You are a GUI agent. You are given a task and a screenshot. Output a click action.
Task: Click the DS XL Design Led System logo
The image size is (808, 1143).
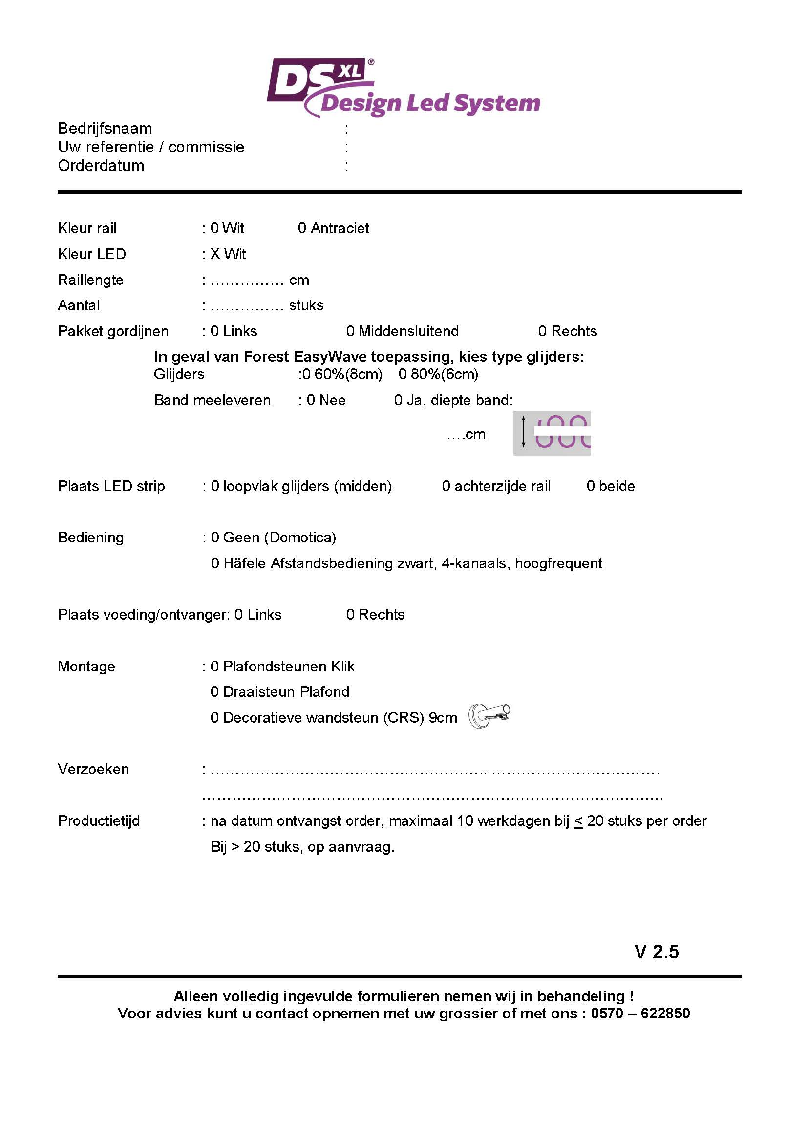pos(403,88)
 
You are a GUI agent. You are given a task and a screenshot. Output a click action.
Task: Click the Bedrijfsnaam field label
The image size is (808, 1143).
pos(105,129)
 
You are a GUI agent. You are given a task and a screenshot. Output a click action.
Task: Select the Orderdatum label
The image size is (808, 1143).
pos(101,166)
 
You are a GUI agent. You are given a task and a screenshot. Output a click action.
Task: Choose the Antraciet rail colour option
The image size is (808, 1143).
pos(333,229)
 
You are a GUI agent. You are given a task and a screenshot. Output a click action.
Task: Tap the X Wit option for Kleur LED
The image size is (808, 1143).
pos(228,255)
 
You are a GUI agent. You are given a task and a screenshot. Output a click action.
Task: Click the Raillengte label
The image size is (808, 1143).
pos(90,280)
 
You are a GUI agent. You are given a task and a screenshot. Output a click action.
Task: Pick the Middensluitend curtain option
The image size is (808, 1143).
pos(402,331)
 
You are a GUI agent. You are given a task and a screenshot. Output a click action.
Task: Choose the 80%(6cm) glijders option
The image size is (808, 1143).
pos(438,374)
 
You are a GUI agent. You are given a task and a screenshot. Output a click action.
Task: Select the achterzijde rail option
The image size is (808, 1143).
pos(496,486)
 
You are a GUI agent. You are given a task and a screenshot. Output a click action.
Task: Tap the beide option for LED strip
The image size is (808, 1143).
pos(611,486)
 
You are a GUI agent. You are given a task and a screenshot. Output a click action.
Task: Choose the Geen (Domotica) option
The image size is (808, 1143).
pos(274,538)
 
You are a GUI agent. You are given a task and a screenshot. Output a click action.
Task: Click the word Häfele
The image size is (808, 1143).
pos(244,563)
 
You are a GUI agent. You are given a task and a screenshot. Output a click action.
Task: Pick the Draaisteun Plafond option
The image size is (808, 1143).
pos(280,692)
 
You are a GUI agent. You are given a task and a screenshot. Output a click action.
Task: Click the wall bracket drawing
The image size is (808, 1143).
pos(489,716)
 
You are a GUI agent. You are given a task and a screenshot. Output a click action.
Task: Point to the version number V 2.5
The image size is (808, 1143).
pos(657,952)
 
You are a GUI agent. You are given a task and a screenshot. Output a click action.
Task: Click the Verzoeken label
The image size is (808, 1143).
pos(93,769)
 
